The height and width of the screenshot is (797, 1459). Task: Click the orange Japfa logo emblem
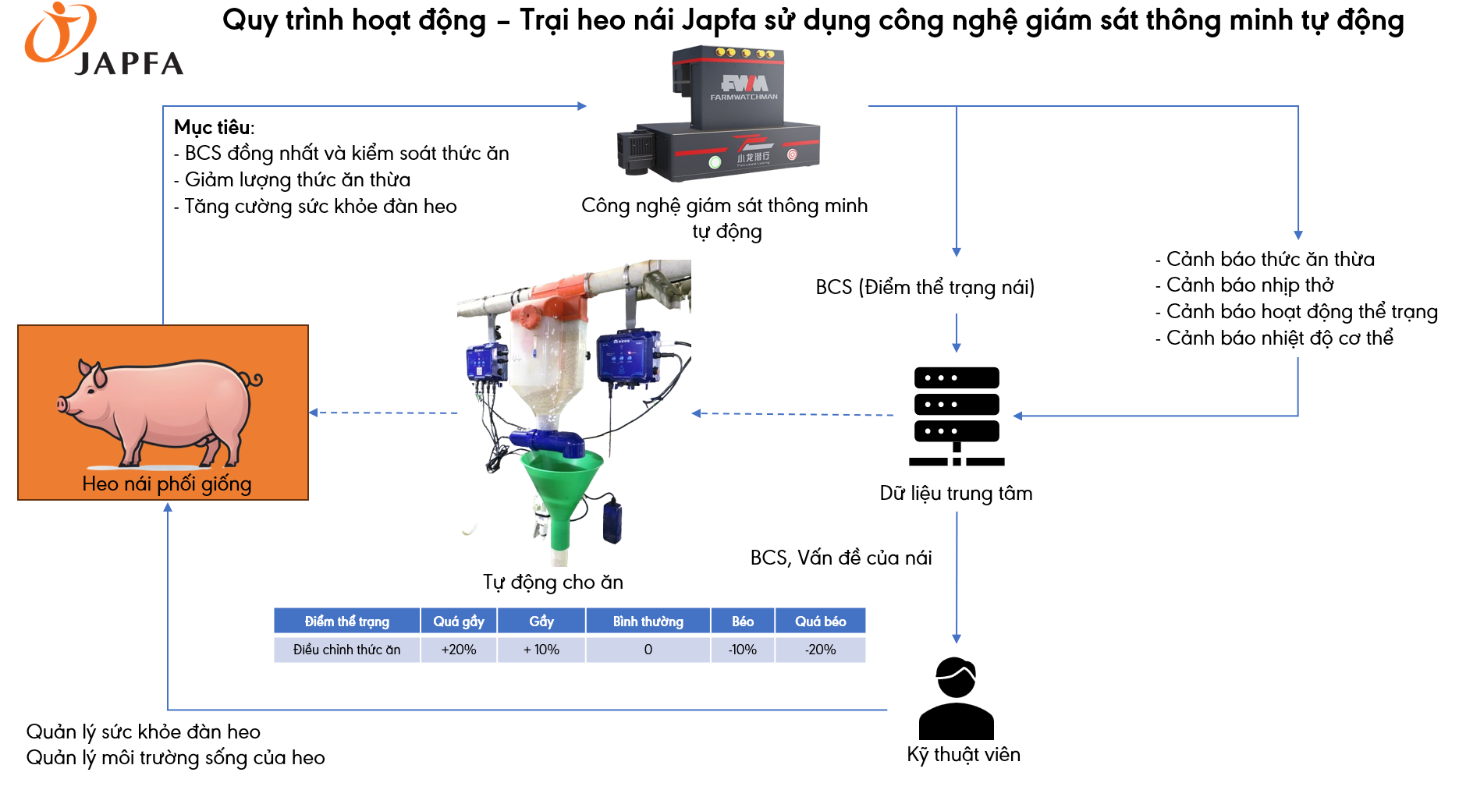click(x=59, y=33)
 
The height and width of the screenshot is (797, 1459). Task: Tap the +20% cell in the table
click(x=458, y=650)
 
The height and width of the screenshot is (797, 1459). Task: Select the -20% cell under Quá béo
click(x=820, y=650)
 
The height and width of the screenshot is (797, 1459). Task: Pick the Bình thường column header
click(x=648, y=622)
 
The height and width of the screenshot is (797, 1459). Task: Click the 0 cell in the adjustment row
click(x=648, y=650)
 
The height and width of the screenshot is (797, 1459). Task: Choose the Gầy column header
click(x=541, y=622)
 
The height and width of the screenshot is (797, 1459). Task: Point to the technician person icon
click(x=956, y=699)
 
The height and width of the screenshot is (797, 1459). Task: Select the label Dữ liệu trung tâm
click(x=956, y=494)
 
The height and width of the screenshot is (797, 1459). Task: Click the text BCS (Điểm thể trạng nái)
click(x=925, y=288)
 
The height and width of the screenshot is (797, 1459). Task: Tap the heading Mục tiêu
click(x=214, y=127)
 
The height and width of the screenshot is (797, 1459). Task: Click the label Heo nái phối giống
click(x=166, y=484)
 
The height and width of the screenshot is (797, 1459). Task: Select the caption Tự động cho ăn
click(x=552, y=583)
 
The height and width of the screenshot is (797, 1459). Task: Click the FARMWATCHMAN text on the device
click(x=744, y=97)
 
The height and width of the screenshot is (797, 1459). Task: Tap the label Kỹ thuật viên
click(x=964, y=755)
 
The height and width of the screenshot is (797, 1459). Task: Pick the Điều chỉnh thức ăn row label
click(x=346, y=650)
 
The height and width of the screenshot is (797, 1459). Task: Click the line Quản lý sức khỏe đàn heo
click(x=144, y=732)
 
